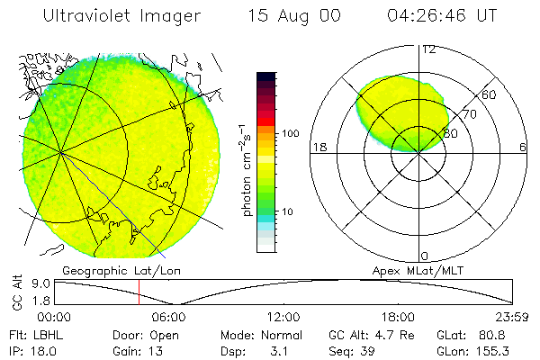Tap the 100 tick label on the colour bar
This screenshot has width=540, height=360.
coord(290,133)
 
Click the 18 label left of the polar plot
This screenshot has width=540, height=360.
coord(318,148)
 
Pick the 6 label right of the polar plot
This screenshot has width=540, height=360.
coord(523,148)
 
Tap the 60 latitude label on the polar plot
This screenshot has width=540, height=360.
coord(490,94)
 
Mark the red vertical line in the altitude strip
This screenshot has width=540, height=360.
coord(139,292)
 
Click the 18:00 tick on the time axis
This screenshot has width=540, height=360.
coord(399,318)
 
